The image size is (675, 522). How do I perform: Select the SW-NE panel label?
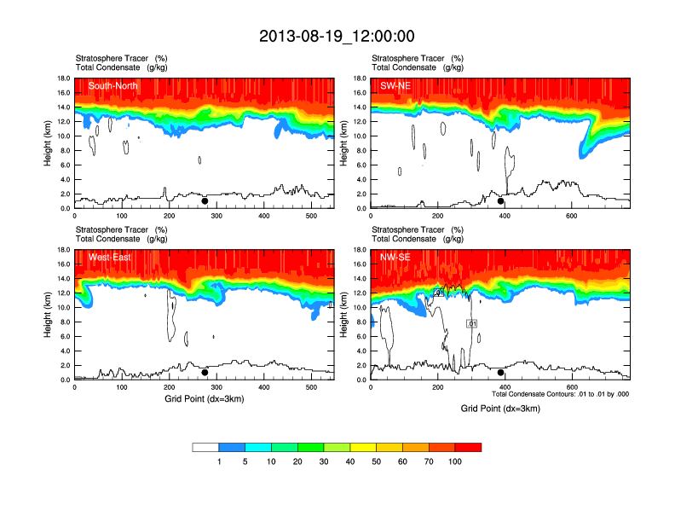(395, 86)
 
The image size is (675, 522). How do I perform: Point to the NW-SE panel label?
(395, 258)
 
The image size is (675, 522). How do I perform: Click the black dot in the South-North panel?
(205, 201)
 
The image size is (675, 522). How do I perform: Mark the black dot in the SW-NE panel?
(501, 201)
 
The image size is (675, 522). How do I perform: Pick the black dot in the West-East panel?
(205, 373)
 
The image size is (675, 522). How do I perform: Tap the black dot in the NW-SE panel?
(501, 373)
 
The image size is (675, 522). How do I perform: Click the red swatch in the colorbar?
(468, 447)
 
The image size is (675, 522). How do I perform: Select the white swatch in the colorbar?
(205, 447)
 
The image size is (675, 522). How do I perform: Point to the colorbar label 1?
(219, 461)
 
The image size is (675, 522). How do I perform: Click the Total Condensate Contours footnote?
(560, 394)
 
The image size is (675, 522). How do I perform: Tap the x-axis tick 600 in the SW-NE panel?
(570, 217)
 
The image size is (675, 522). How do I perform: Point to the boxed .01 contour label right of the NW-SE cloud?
(471, 323)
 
